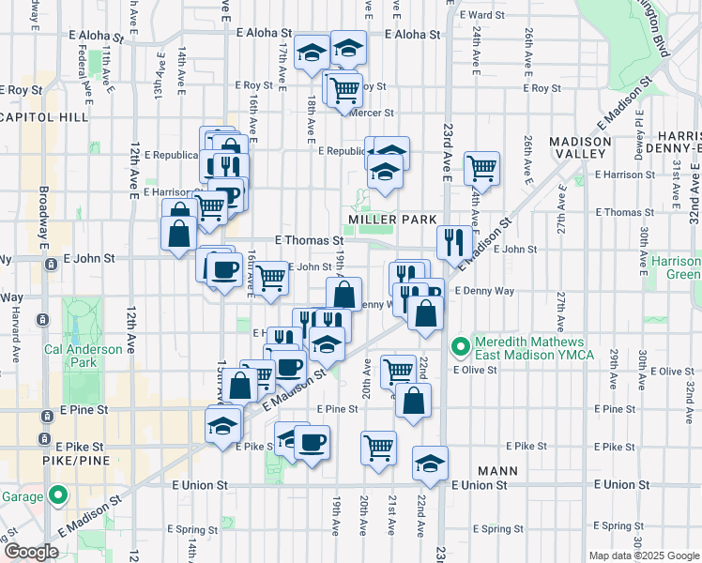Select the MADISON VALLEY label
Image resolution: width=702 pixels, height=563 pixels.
tap(581, 149)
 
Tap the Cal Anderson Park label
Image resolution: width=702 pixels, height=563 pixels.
tap(84, 355)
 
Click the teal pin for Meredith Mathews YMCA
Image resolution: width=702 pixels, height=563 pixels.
tap(460, 347)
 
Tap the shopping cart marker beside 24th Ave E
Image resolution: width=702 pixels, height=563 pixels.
tap(481, 169)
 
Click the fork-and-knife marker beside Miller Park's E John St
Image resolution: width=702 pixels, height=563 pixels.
tap(454, 240)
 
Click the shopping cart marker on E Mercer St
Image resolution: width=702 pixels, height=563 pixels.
tap(344, 89)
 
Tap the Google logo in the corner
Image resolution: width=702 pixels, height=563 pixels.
tap(31, 552)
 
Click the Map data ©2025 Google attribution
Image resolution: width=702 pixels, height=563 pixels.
tap(643, 555)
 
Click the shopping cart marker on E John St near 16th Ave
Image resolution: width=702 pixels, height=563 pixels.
tap(270, 277)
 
